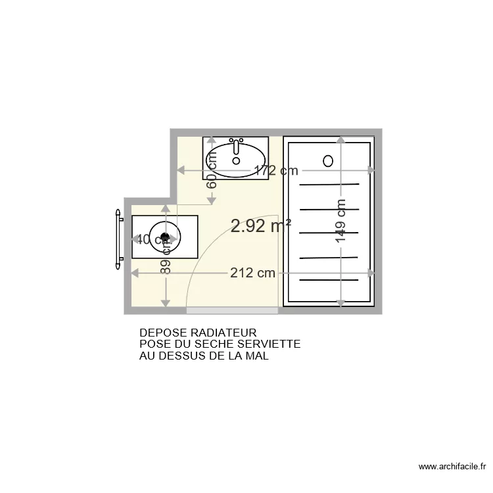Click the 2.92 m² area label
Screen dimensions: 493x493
coord(261,227)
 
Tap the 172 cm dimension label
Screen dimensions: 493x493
coord(276,171)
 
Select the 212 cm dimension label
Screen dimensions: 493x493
coord(252,273)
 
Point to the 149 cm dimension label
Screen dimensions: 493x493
coord(340,221)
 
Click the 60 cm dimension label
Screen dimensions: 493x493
coord(212,176)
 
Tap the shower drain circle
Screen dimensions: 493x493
coord(328,160)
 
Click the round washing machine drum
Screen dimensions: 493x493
coord(165,237)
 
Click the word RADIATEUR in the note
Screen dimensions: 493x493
coord(219,333)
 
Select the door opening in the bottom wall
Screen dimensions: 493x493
coord(231,308)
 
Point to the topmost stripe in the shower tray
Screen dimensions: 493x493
coord(329,185)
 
